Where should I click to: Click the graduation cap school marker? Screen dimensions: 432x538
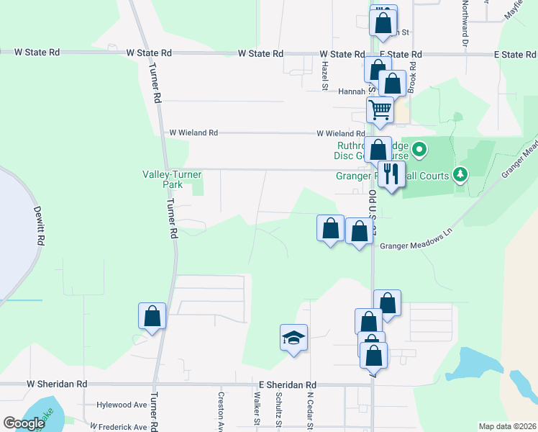point(293,337)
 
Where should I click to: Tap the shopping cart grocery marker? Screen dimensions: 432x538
point(380,110)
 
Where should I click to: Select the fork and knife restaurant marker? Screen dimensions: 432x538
point(391,174)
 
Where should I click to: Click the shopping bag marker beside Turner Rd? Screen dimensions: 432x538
point(152,315)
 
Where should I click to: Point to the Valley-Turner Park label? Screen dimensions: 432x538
point(172,179)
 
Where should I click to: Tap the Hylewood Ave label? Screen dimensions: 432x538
point(122,405)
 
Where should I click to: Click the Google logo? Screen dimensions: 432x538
point(24,423)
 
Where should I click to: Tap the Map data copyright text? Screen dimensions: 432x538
point(507,426)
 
